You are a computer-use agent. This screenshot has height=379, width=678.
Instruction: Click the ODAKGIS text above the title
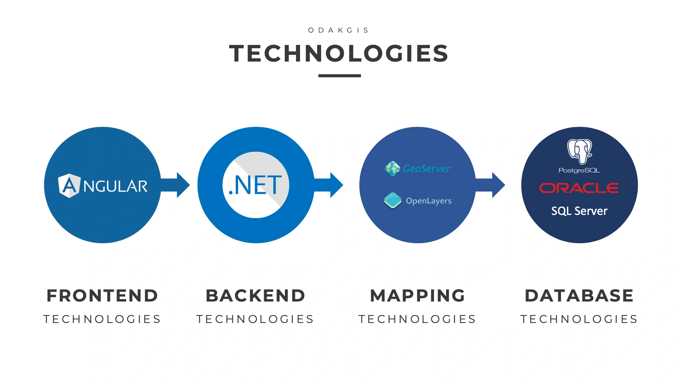338,30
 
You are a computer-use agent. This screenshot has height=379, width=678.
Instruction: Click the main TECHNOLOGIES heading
339,54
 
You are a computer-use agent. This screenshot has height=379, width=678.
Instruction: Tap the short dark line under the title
339,75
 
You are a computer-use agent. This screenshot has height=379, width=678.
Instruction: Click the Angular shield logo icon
69,186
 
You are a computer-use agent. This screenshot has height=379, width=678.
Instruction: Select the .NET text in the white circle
255,185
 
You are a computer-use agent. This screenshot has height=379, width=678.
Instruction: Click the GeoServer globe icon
392,168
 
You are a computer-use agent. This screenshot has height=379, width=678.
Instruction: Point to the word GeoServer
427,169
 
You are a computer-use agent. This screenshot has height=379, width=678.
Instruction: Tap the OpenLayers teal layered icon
393,200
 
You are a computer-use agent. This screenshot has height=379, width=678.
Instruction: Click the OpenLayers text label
429,201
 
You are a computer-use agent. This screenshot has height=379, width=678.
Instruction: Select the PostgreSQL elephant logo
579,151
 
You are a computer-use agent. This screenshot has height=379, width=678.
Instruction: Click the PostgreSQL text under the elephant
579,170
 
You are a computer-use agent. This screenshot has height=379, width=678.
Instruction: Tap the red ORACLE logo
579,188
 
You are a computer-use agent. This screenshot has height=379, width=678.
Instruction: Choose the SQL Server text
579,211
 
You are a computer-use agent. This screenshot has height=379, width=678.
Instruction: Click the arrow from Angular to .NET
175,185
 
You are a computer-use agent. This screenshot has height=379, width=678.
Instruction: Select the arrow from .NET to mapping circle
328,185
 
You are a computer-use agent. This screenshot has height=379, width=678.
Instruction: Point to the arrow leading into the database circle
490,185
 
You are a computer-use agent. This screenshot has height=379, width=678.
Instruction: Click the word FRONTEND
102,296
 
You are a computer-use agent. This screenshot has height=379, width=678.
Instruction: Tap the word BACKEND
255,296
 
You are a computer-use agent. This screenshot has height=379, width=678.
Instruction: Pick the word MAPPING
417,296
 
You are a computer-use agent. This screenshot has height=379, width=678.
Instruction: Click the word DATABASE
579,296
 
